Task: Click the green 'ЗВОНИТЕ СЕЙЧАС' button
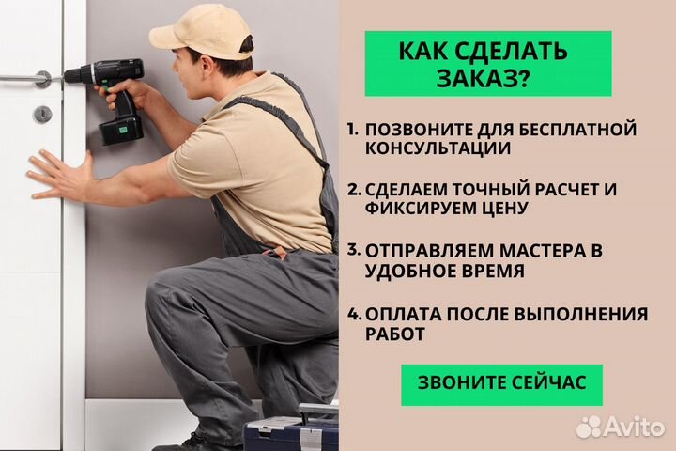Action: click(501, 384)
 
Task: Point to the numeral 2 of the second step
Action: click(353, 189)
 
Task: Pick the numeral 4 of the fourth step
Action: click(353, 314)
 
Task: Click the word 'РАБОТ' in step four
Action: click(394, 334)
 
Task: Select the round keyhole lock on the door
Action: click(40, 115)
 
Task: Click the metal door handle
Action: click(28, 79)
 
